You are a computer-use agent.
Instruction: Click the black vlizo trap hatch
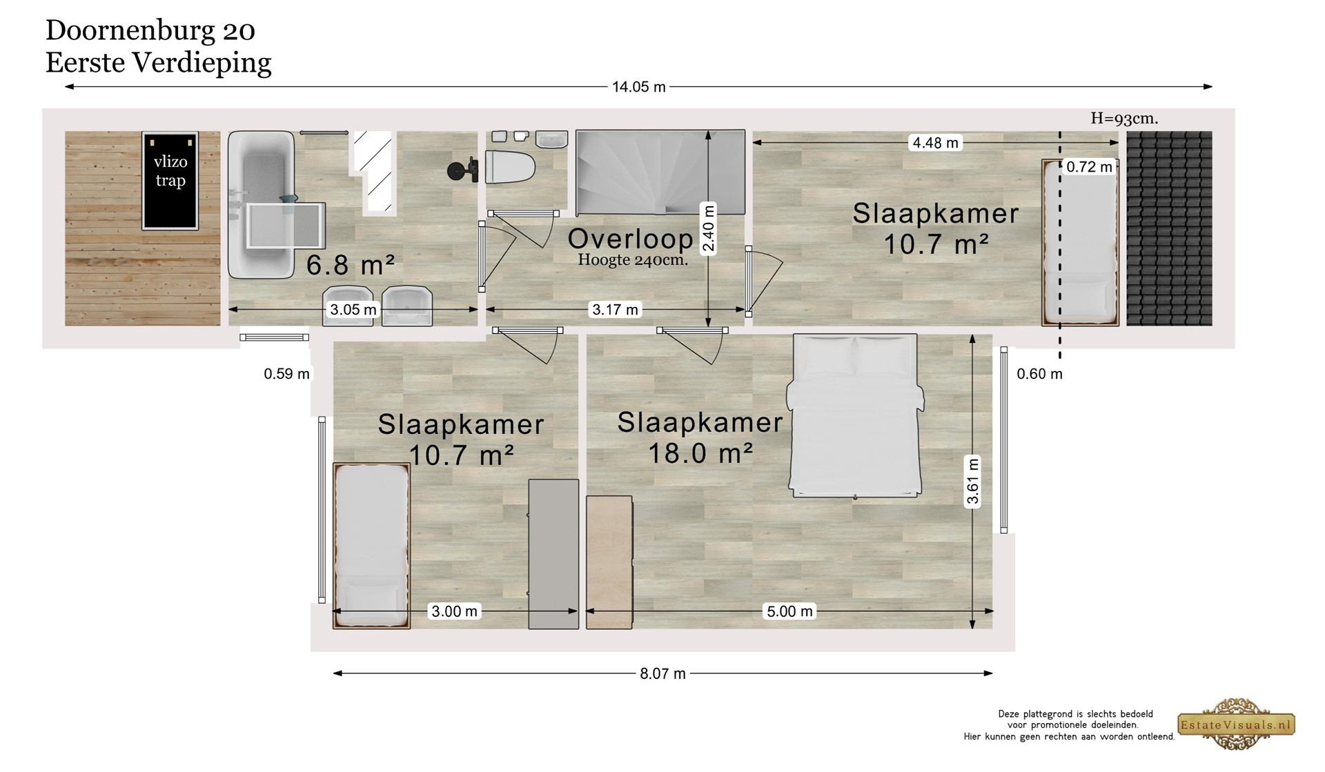click(x=170, y=181)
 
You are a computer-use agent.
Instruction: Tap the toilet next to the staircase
click(x=510, y=166)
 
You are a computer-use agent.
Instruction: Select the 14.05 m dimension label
click(x=639, y=87)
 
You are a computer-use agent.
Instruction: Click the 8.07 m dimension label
click(x=662, y=673)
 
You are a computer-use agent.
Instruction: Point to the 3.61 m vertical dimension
click(x=973, y=482)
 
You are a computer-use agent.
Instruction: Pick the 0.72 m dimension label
click(x=1089, y=166)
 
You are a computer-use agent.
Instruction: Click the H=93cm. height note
click(x=1124, y=119)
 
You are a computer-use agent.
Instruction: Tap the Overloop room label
click(x=630, y=239)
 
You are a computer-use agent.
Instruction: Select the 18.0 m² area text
click(x=700, y=453)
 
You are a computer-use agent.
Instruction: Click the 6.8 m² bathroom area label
click(x=351, y=265)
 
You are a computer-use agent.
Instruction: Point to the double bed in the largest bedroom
click(x=855, y=415)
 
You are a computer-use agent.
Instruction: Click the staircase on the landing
click(x=660, y=172)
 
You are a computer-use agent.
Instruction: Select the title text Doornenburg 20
click(x=150, y=30)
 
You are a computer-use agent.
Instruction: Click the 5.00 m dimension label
click(x=790, y=611)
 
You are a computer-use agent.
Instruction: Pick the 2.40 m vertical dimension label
click(x=708, y=229)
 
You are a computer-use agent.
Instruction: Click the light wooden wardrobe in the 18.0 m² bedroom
click(x=609, y=562)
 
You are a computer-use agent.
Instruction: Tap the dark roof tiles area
click(x=1169, y=228)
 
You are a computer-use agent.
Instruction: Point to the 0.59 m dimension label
click(x=286, y=374)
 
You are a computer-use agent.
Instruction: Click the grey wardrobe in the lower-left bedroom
click(x=553, y=554)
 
